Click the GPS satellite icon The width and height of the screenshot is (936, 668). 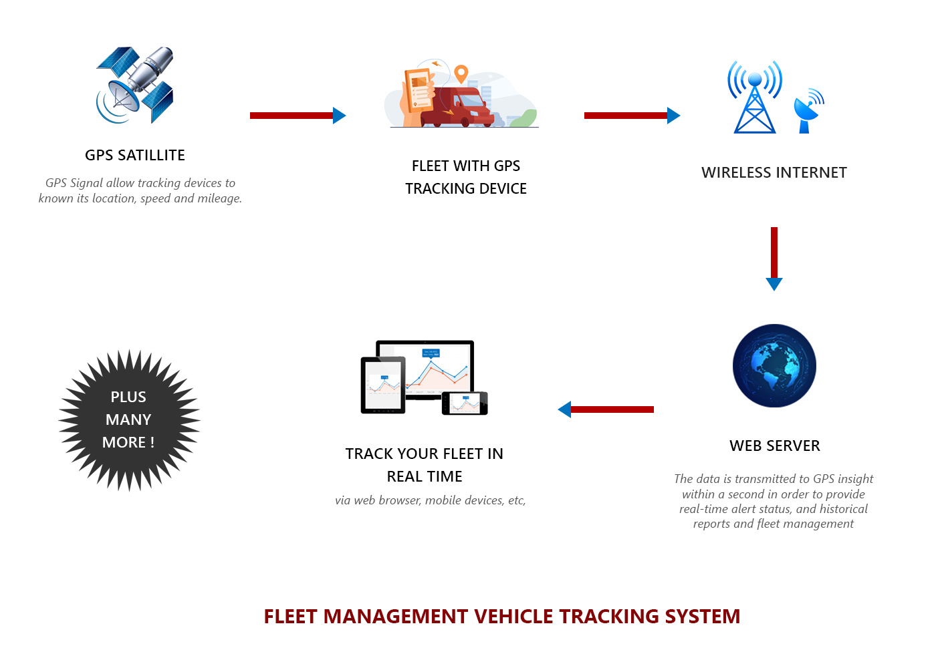(136, 86)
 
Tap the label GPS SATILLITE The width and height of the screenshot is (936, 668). (135, 155)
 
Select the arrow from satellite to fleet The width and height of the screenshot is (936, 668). (298, 116)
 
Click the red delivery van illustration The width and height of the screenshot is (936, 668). (458, 108)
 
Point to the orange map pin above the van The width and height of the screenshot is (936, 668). (461, 73)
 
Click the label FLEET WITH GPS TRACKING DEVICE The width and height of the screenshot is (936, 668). (466, 177)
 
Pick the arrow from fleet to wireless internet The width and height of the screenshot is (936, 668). (632, 116)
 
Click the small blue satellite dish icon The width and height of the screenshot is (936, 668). (808, 110)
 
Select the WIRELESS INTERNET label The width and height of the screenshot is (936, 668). (774, 172)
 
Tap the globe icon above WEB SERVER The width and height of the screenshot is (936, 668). (774, 366)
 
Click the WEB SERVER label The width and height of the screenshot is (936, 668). (774, 446)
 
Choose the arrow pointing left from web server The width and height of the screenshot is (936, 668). (606, 409)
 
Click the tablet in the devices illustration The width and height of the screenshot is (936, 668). (383, 385)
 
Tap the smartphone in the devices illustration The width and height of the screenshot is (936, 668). (465, 403)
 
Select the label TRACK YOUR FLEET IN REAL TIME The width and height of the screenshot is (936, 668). (425, 465)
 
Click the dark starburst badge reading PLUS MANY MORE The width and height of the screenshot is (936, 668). (129, 420)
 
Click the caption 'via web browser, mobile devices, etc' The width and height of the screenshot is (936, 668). (431, 500)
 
